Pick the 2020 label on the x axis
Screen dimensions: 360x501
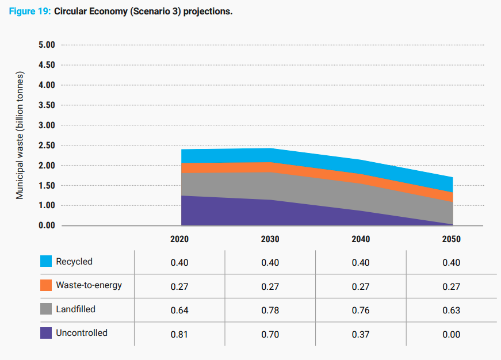tap(179, 239)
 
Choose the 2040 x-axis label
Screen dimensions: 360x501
tap(361, 239)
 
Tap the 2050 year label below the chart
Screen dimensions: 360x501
tap(451, 239)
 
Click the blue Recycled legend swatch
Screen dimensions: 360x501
tap(46, 262)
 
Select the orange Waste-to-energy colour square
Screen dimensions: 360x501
tap(46, 285)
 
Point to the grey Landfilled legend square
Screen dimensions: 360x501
tap(46, 309)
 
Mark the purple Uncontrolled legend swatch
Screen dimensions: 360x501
tap(46, 333)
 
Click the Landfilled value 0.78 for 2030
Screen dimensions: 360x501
tap(270, 311)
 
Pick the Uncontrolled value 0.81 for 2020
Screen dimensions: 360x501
tap(179, 334)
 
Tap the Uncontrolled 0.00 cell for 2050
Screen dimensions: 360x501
tap(452, 334)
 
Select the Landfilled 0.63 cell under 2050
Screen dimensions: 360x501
tap(452, 311)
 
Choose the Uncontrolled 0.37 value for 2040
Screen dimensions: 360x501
tap(361, 334)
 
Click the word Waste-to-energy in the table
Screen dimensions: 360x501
tap(89, 285)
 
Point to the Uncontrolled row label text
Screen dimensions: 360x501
tap(82, 333)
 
